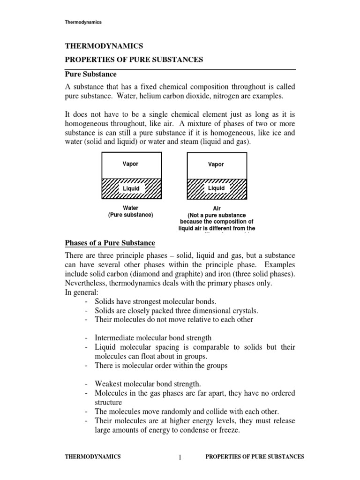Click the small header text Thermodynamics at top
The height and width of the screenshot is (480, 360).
pos(83,22)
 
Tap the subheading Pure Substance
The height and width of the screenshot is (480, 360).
pos(90,75)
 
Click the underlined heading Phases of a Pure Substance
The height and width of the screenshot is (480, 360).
pos(109,243)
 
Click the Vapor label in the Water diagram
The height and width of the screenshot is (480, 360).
pos(130,164)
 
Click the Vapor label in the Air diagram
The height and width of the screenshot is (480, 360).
pos(216,165)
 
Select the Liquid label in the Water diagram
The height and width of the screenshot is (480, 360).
pos(131,188)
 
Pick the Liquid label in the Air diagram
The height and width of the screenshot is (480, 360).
pos(216,188)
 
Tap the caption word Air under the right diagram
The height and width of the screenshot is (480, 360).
pos(216,208)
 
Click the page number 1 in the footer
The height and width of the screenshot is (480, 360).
pos(180,457)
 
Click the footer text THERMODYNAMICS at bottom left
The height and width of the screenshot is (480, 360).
pos(92,457)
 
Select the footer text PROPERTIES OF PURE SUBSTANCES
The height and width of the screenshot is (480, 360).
pos(255,457)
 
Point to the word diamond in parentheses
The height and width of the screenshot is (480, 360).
pos(169,273)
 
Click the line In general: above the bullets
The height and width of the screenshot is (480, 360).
pos(80,292)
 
